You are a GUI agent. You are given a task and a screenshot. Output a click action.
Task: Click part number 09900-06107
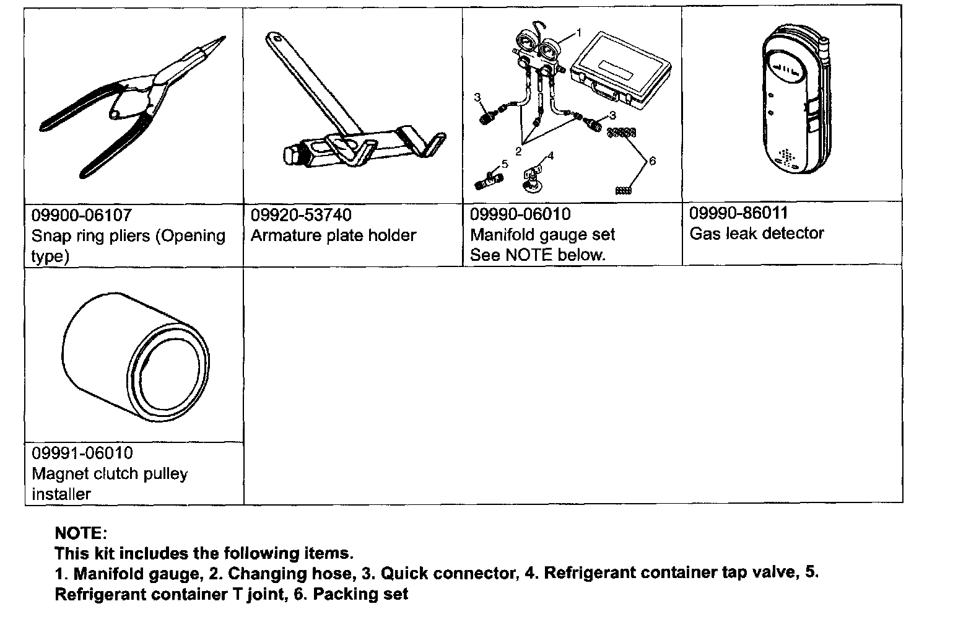[x=81, y=215]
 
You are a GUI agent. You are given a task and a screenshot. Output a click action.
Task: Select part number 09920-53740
[x=301, y=215]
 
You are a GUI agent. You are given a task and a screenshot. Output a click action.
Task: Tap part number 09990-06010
[x=520, y=214]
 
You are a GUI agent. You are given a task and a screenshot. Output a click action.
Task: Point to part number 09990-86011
[x=739, y=213]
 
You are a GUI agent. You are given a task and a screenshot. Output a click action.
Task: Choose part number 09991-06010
[x=82, y=453]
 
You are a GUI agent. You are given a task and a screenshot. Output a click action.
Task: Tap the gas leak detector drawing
[x=790, y=105]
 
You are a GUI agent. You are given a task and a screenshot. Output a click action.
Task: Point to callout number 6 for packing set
[x=652, y=161]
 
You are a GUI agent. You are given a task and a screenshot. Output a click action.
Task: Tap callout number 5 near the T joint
[x=505, y=164]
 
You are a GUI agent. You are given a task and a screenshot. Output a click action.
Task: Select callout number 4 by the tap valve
[x=551, y=156]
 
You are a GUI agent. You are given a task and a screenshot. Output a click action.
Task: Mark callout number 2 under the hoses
[x=518, y=150]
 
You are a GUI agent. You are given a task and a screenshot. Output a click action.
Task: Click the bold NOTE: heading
[x=81, y=533]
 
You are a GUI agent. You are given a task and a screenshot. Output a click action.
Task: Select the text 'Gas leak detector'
[x=757, y=234]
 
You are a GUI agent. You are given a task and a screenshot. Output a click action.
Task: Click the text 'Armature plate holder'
[x=333, y=235]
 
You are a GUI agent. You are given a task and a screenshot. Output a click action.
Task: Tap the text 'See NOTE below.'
[x=537, y=255]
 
